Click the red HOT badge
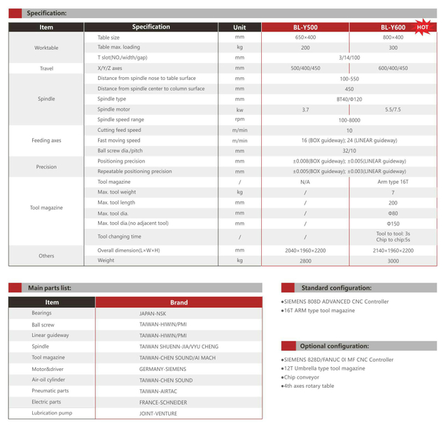tap(422, 27)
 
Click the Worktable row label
tap(46, 48)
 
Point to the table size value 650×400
tap(305, 37)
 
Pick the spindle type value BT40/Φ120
tap(349, 100)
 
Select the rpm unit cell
tap(239, 119)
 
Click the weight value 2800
tap(305, 260)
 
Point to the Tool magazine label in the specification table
tap(46, 208)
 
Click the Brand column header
tap(178, 302)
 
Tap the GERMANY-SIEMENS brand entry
tap(163, 368)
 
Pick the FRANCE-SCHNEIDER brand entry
tap(163, 403)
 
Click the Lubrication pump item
tap(52, 413)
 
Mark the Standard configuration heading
tap(335, 288)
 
